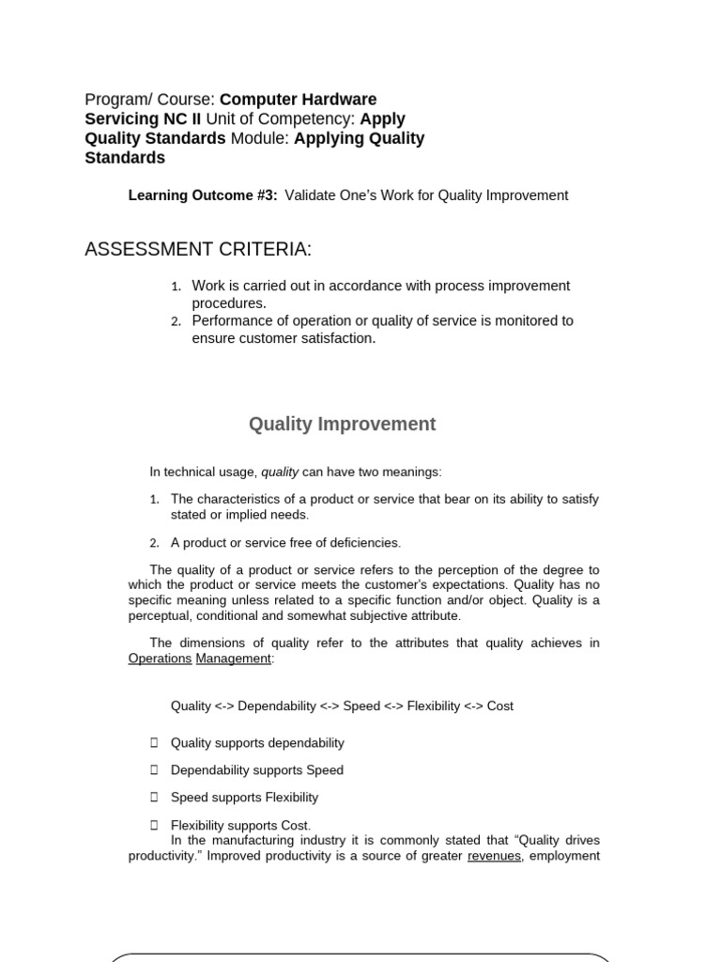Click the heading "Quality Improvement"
click(x=342, y=425)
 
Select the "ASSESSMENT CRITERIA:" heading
click(x=198, y=249)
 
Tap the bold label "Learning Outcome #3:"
click(x=203, y=195)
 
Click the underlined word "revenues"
click(x=494, y=856)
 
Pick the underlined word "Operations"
click(x=160, y=659)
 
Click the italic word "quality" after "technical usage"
click(x=280, y=472)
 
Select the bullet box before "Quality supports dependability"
click(x=154, y=743)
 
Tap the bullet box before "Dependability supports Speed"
click(x=154, y=770)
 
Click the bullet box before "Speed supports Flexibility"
click(x=154, y=798)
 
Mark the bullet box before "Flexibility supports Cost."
click(x=154, y=825)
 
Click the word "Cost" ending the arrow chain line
click(x=499, y=706)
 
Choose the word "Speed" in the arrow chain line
click(x=361, y=706)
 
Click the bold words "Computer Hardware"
click(x=298, y=100)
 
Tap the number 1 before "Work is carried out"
click(x=176, y=287)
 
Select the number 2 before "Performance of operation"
click(x=176, y=321)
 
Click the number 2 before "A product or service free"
click(x=154, y=543)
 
